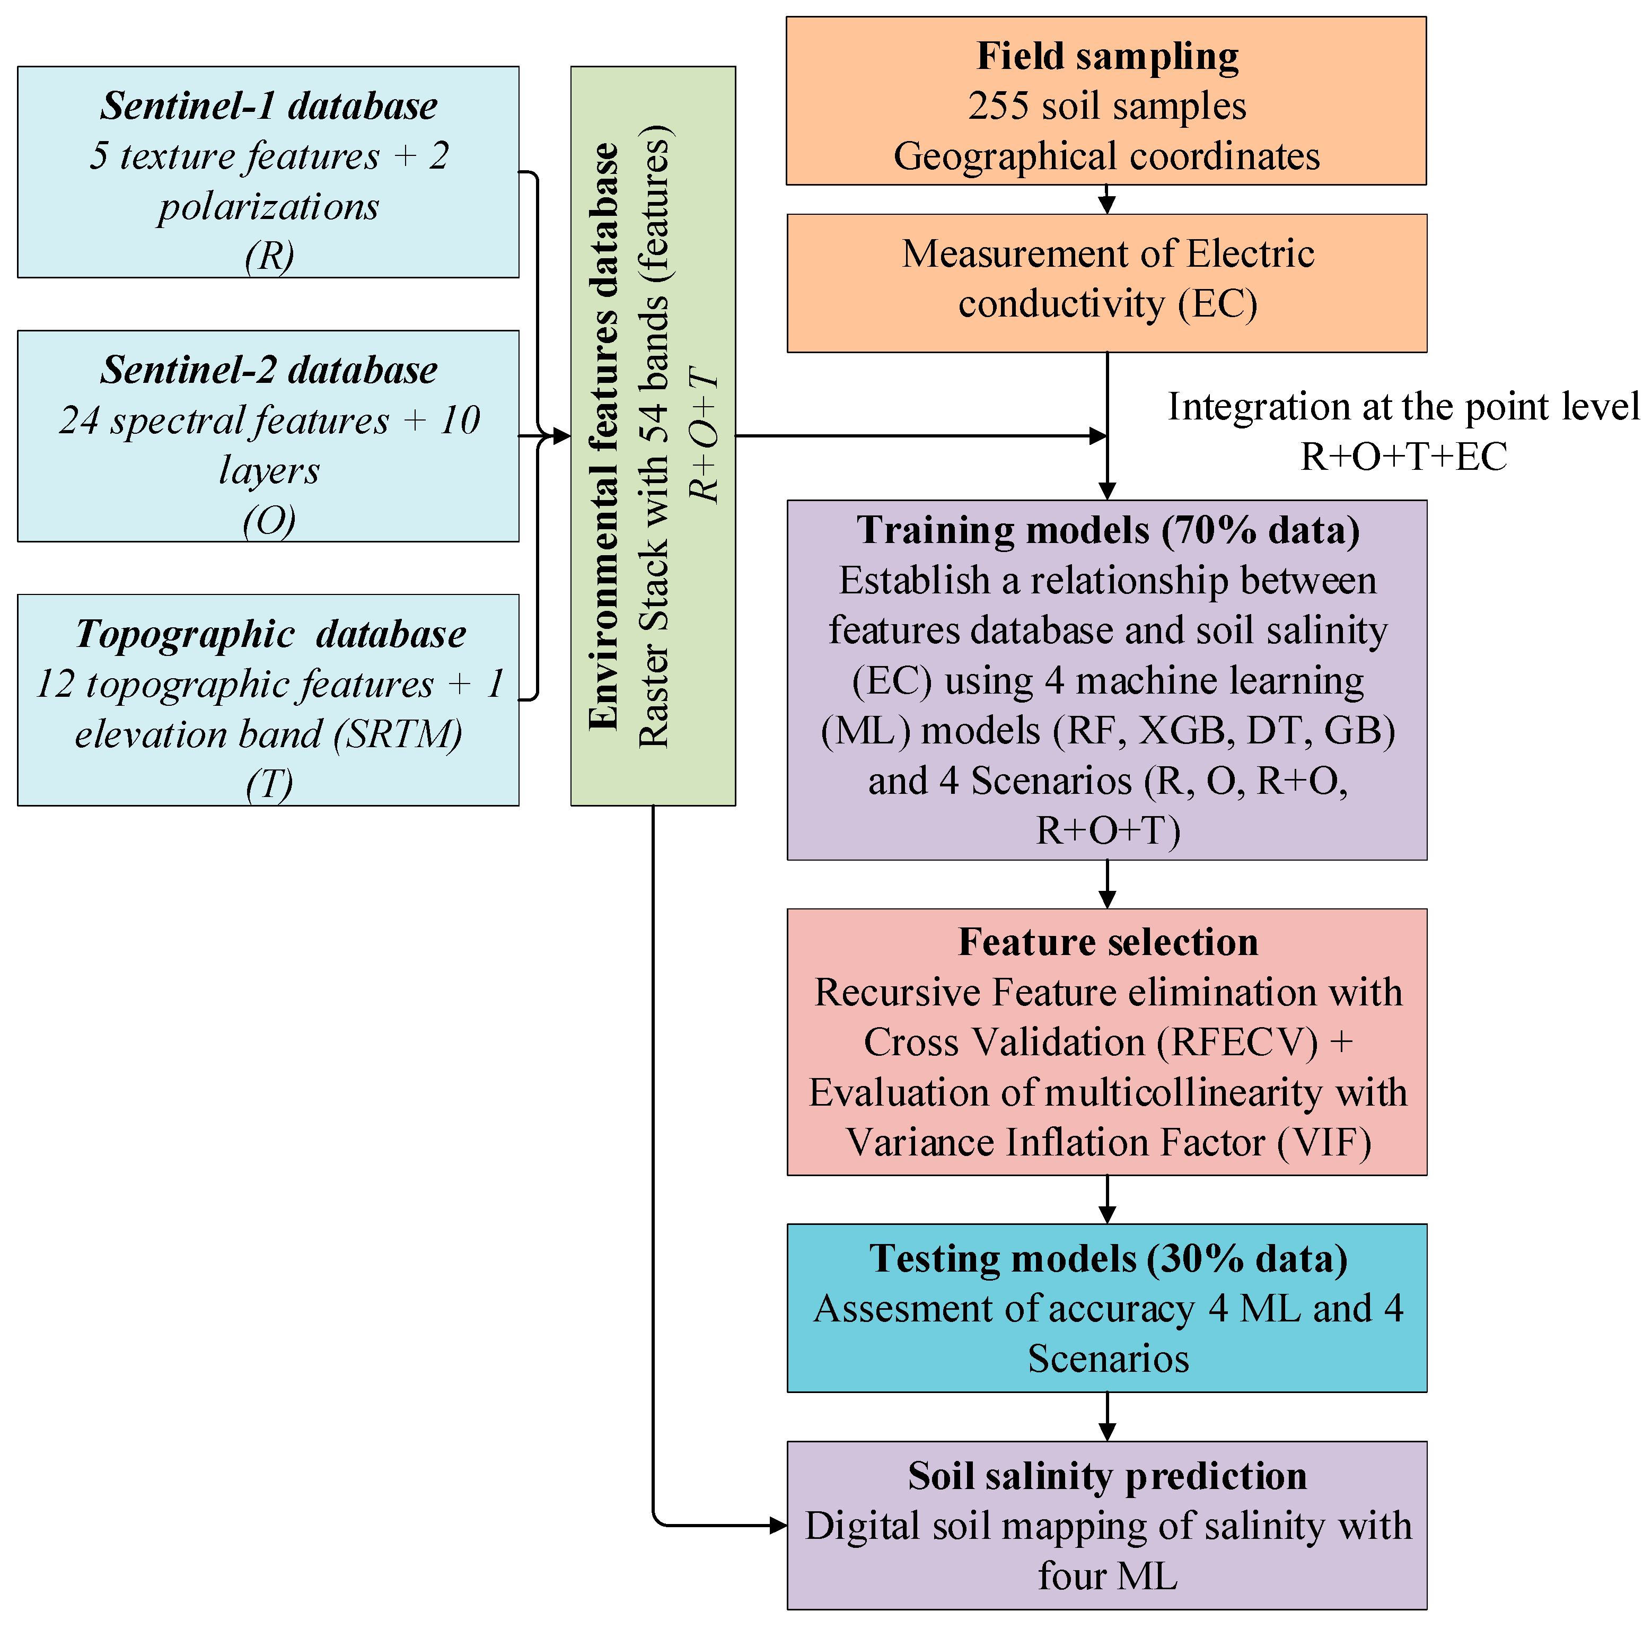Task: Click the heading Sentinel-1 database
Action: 268,106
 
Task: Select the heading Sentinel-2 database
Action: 268,370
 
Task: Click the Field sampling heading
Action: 1108,56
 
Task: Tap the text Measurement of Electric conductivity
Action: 1108,279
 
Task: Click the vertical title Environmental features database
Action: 604,436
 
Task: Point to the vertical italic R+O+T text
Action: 705,436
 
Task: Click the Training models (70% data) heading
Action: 1108,530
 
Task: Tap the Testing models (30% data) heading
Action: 1108,1259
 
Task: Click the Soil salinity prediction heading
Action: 1108,1476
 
